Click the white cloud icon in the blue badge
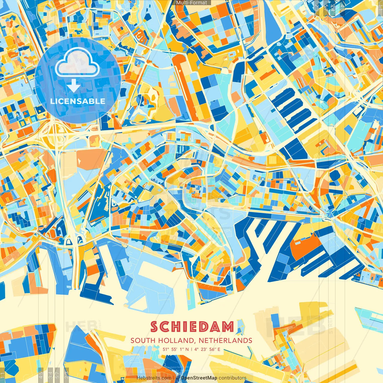coord(77,62)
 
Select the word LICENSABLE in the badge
coord(78,101)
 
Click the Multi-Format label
coord(191,3)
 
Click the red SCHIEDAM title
coord(192,327)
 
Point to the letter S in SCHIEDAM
coord(154,327)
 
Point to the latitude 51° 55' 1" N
coord(176,349)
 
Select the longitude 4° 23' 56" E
coord(207,349)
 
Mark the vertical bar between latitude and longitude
coord(191,349)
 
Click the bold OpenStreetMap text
coord(199,378)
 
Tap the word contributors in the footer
coord(232,378)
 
